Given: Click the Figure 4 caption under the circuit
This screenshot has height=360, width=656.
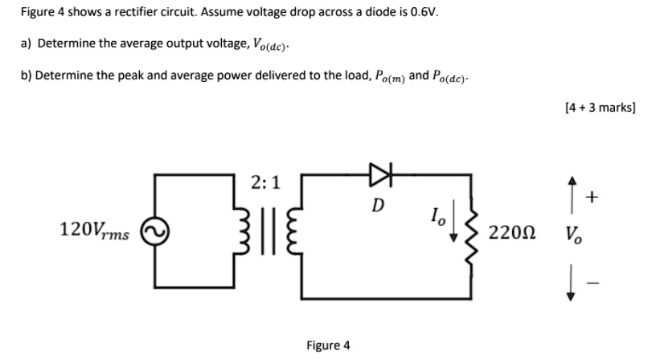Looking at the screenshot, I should pyautogui.click(x=328, y=346).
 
